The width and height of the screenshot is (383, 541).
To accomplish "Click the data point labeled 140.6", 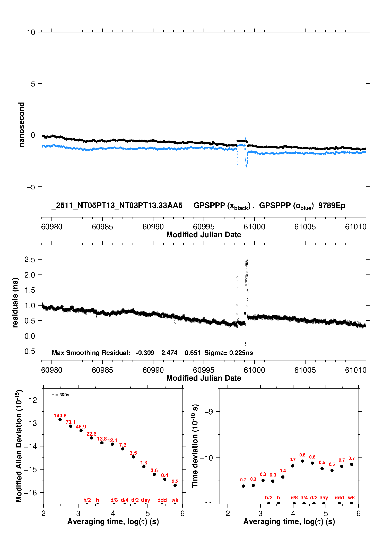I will (60, 419).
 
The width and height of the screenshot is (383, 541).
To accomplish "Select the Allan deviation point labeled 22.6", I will (91, 438).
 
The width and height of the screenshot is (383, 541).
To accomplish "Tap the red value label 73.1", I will (70, 422).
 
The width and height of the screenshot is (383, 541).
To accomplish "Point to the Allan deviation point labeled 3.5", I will (133, 457).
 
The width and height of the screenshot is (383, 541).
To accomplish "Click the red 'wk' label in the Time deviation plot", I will (351, 498).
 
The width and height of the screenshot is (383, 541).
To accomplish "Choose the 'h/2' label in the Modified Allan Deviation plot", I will (87, 500).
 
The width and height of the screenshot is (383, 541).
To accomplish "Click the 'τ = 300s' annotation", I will (61, 395).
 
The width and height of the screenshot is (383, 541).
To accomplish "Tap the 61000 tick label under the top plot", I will (254, 227).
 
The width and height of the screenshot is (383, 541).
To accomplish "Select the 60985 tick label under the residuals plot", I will (102, 370).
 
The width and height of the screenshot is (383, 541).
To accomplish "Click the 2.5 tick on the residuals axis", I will (30, 260).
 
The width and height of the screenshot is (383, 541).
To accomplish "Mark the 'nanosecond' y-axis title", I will (22, 124).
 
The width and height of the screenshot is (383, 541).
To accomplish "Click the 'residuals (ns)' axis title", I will (15, 302).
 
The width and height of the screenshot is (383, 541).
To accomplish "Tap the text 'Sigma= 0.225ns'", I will (229, 353).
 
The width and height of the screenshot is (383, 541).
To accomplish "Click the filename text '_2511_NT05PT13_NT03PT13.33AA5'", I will (117, 205).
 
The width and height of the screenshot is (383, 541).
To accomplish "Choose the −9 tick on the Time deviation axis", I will (208, 412).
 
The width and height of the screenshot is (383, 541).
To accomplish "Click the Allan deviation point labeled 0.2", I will (175, 485).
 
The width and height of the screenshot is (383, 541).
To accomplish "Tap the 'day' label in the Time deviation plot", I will (324, 498).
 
